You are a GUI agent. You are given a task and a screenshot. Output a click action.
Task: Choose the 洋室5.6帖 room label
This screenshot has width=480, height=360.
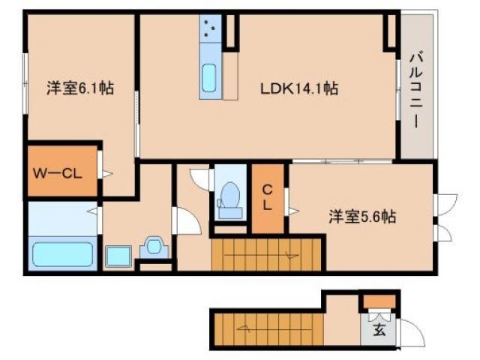362,217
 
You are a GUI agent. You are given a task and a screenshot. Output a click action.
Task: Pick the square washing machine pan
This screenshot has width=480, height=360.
118,256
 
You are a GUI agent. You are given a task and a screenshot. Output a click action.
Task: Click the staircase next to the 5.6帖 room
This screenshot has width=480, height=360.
267,255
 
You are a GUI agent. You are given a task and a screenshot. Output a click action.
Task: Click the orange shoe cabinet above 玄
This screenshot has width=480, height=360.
376,302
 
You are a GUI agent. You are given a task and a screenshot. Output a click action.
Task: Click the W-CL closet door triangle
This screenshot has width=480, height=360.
106,174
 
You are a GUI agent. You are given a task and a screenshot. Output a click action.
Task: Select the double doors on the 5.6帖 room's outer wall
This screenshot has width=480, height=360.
444,217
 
